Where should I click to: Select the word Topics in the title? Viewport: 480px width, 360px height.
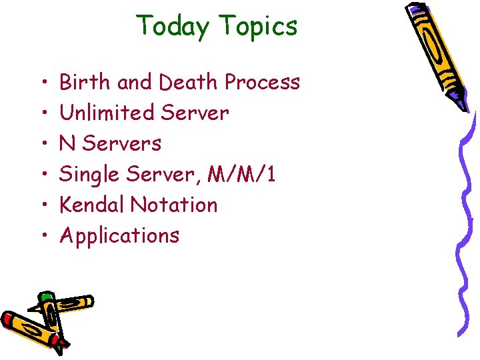click(x=257, y=27)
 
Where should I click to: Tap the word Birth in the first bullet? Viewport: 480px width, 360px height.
click(x=85, y=82)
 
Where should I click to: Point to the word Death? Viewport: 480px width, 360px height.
click(x=189, y=82)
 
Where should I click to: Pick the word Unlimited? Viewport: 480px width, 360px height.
click(x=107, y=113)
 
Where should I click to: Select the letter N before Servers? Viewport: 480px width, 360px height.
click(x=67, y=143)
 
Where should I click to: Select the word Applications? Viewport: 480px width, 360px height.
click(x=119, y=235)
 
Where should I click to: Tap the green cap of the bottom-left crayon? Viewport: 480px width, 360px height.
click(x=46, y=296)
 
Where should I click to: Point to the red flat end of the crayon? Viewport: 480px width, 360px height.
click(x=7, y=321)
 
